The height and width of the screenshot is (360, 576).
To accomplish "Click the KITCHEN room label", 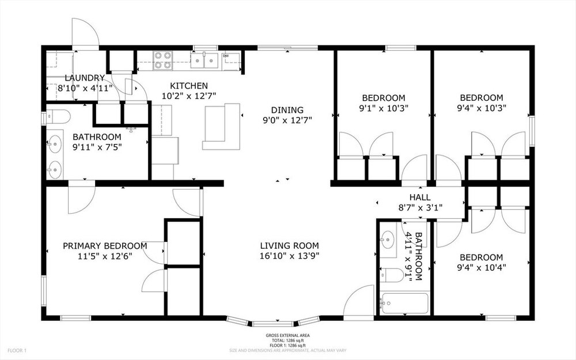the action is pyautogui.click(x=189, y=86).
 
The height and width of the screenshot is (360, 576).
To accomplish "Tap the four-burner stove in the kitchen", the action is pyautogui.click(x=163, y=60).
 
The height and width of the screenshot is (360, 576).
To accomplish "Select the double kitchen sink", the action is pyautogui.click(x=204, y=60).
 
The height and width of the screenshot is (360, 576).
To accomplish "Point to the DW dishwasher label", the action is pyautogui.click(x=226, y=56).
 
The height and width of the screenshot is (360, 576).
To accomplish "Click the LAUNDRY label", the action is pyautogui.click(x=85, y=78).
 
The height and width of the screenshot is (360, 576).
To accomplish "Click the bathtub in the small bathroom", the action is pyautogui.click(x=404, y=304).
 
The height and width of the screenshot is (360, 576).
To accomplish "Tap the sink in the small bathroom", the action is pyautogui.click(x=387, y=240).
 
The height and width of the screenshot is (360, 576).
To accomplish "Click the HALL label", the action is pyautogui.click(x=420, y=198).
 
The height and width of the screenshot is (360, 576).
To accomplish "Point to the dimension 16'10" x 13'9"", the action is pyautogui.click(x=290, y=256).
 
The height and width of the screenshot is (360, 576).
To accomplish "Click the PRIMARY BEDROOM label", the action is pyautogui.click(x=105, y=246).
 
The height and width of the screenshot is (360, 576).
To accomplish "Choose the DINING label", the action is pyautogui.click(x=287, y=110).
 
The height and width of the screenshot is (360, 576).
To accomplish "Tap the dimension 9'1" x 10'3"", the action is pyautogui.click(x=384, y=108).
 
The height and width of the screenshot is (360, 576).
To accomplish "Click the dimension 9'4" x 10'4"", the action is pyautogui.click(x=481, y=267).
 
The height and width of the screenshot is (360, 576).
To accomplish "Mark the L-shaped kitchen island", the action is pyautogui.click(x=222, y=126).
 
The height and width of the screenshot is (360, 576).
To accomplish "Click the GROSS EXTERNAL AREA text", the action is pyautogui.click(x=287, y=335).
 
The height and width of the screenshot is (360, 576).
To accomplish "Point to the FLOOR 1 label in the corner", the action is pyautogui.click(x=17, y=350).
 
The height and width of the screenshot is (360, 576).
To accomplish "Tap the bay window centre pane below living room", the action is pyautogui.click(x=272, y=324).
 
